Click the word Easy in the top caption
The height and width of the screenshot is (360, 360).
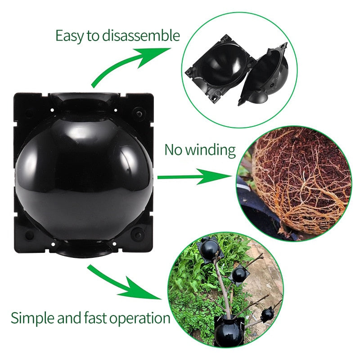pos(70,36)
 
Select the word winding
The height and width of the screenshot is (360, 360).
pos(211,150)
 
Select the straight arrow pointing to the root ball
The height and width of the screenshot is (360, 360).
pos(193,177)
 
